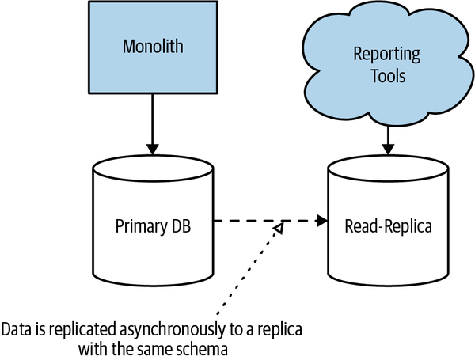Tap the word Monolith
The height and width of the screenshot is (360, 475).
pyautogui.click(x=153, y=46)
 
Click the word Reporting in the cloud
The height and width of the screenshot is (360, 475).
pyautogui.click(x=388, y=55)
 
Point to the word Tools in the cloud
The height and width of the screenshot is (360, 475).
pyautogui.click(x=388, y=77)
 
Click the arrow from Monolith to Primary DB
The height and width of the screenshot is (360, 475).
pyautogui.click(x=153, y=127)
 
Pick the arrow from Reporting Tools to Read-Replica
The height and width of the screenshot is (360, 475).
pyautogui.click(x=388, y=138)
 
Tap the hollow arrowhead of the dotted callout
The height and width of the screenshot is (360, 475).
pyautogui.click(x=278, y=229)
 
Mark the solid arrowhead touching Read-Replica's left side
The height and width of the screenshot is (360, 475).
pyautogui.click(x=322, y=221)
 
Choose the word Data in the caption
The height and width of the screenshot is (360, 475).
pyautogui.click(x=17, y=328)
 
